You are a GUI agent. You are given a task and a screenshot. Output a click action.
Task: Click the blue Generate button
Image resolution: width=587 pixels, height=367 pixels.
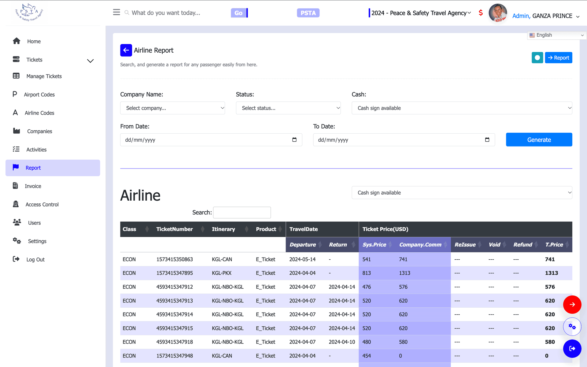click(x=539, y=140)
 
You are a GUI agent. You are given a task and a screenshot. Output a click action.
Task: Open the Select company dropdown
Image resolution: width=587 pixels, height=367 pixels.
click(x=172, y=108)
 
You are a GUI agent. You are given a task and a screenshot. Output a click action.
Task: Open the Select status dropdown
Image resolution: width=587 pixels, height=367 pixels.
click(x=288, y=108)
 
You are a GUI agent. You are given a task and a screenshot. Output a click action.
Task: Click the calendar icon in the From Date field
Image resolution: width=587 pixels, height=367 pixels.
click(x=294, y=140)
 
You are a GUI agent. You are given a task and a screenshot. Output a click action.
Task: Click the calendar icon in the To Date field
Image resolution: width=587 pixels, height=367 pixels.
click(x=487, y=140)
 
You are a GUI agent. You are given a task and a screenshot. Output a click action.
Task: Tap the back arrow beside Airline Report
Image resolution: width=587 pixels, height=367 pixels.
click(x=126, y=50)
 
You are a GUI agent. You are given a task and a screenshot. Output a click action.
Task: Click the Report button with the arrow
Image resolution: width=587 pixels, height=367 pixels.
click(x=559, y=57)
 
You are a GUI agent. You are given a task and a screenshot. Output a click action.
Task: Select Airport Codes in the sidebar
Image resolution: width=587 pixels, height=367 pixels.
click(x=39, y=95)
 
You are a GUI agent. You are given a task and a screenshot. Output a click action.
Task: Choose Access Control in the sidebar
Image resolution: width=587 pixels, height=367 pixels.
click(x=42, y=205)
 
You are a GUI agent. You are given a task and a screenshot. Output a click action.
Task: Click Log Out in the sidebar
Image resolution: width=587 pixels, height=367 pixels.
click(x=35, y=260)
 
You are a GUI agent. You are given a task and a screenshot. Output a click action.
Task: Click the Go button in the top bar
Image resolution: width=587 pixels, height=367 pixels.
click(x=239, y=13)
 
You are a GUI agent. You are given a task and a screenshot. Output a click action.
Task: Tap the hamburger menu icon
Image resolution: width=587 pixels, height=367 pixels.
click(x=116, y=12)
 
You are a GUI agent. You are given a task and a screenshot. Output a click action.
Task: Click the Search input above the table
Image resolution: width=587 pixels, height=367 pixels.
click(x=242, y=213)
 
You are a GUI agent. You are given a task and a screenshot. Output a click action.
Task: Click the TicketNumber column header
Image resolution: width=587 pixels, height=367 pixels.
click(x=175, y=229)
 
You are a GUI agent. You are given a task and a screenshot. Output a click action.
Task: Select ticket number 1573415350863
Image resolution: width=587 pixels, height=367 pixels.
click(x=175, y=259)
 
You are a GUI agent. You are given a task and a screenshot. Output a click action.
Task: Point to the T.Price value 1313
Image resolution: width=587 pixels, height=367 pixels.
click(x=552, y=273)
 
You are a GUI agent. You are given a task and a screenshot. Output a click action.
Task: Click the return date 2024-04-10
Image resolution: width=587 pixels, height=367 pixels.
click(x=342, y=342)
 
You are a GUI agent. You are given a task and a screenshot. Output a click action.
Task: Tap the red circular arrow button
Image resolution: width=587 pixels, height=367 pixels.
click(x=572, y=305)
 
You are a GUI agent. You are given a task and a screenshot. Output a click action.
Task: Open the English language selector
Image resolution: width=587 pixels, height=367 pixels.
click(x=557, y=35)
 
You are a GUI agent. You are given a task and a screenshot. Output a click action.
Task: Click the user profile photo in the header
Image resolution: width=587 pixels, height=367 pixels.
click(x=498, y=13)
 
